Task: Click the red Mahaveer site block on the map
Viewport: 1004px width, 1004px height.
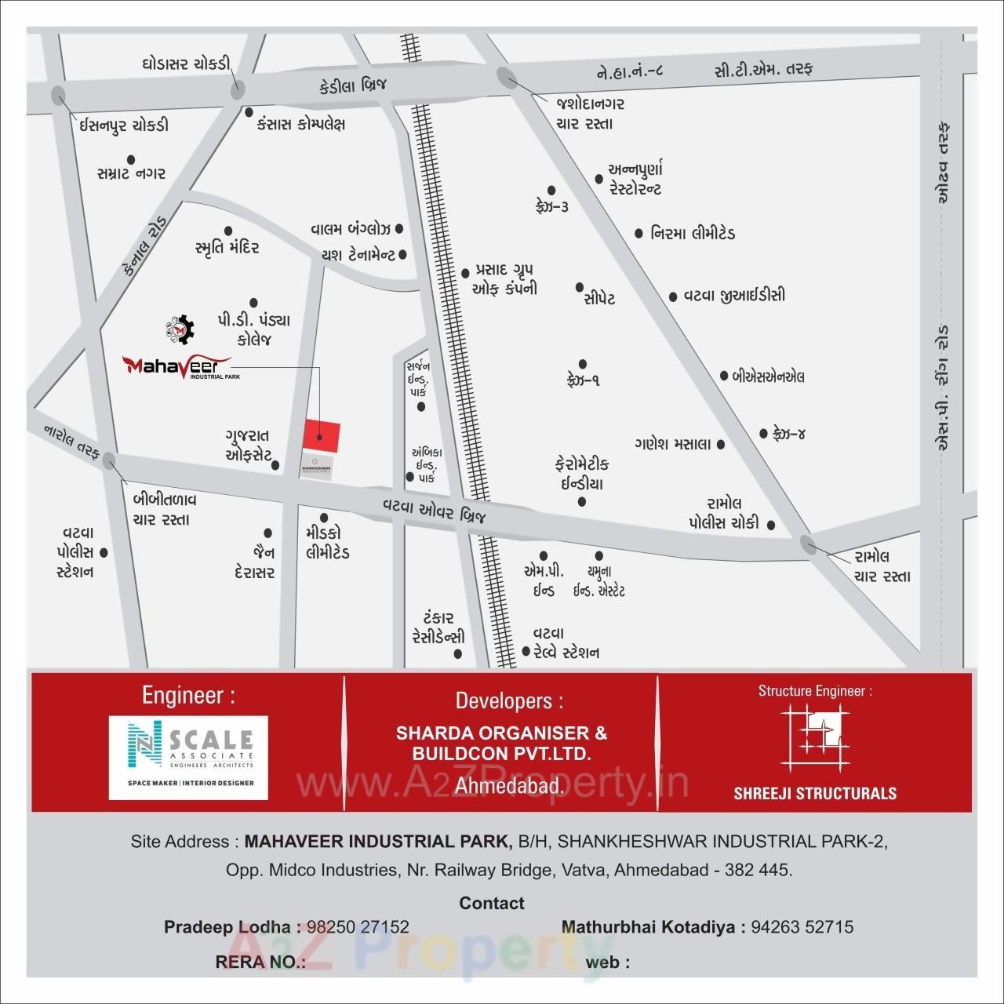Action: [x=322, y=435]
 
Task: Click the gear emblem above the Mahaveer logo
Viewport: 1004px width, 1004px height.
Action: [x=180, y=329]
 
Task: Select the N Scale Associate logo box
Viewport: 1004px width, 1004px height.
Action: [x=188, y=757]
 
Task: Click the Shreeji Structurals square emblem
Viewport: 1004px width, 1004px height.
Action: [x=816, y=737]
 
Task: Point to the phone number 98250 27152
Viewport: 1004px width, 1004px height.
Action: [x=358, y=927]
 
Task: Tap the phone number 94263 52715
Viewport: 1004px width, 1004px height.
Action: [x=802, y=927]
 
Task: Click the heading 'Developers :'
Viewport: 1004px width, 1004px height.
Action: [x=509, y=700]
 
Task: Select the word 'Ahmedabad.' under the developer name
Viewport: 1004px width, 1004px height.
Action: [x=509, y=786]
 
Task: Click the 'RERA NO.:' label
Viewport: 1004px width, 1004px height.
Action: [x=260, y=962]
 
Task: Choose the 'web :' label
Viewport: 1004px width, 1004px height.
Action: [x=607, y=962]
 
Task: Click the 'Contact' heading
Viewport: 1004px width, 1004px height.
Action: [x=492, y=904]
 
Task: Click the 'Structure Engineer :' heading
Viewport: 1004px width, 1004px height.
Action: [x=815, y=691]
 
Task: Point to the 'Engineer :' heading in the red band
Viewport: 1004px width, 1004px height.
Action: [x=188, y=695]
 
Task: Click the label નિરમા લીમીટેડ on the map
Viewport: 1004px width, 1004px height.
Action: [x=693, y=234]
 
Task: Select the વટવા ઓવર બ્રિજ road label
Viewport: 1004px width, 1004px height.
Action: [x=435, y=511]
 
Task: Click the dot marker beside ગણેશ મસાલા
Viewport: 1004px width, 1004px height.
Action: [x=721, y=445]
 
